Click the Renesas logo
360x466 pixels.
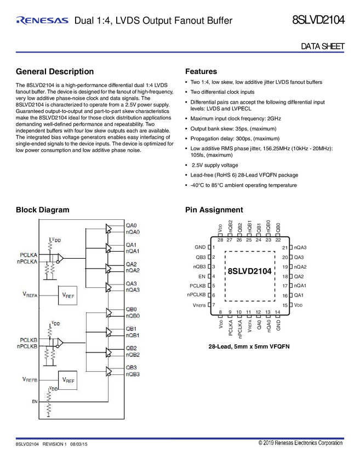point(42,21)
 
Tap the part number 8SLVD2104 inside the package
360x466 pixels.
point(249,271)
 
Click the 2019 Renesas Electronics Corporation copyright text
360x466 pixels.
point(300,443)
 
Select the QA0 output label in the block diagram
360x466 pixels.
point(132,225)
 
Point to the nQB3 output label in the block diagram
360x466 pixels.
point(133,374)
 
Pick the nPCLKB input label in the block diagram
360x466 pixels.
point(27,346)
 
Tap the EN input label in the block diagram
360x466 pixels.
point(33,402)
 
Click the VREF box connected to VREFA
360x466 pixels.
point(68,295)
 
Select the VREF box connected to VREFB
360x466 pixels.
point(68,379)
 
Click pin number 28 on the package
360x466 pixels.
point(220,240)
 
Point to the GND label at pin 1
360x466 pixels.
point(200,247)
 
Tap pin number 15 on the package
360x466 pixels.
point(285,305)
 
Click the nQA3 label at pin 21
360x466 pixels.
point(300,247)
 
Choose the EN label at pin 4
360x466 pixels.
point(202,276)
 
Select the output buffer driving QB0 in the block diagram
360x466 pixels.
point(110,312)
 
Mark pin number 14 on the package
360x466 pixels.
point(278,312)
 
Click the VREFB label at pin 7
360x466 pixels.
point(199,305)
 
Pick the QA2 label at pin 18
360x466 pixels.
point(299,276)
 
